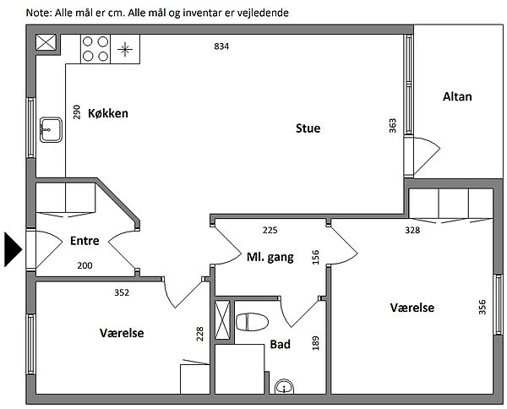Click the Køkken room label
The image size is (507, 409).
point(107,113)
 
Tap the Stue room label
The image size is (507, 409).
point(308,129)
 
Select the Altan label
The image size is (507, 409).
point(457,97)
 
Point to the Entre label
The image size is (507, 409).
point(84,241)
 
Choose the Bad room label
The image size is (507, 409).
point(280,344)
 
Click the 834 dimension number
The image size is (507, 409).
point(221,46)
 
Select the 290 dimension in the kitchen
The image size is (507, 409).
point(77,112)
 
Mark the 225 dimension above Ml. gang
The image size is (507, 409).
point(270,231)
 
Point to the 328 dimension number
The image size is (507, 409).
point(412,230)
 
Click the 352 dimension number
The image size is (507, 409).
point(123,293)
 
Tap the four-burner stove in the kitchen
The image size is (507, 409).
point(95,48)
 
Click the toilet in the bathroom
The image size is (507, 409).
point(253,322)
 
